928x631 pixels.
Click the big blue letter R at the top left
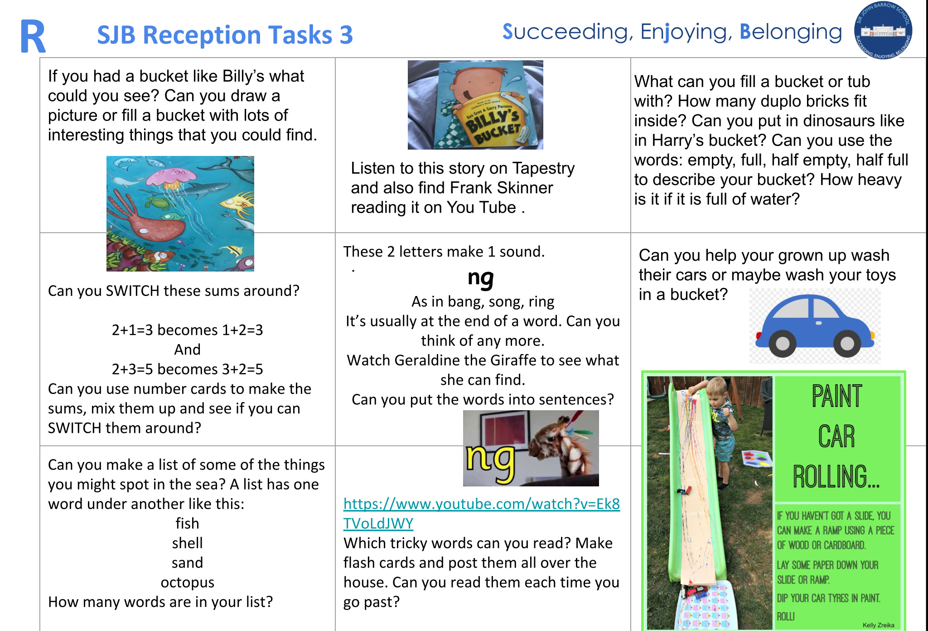pyautogui.click(x=33, y=36)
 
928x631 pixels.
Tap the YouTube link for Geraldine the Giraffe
pyautogui.click(x=481, y=513)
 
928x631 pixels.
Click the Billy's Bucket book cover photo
pyautogui.click(x=475, y=105)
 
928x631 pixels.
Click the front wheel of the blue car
pyautogui.click(x=847, y=343)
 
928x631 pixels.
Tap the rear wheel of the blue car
pyautogui.click(x=782, y=343)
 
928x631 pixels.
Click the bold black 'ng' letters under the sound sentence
pyautogui.click(x=481, y=278)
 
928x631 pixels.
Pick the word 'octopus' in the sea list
pyautogui.click(x=187, y=582)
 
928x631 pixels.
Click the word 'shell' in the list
pyautogui.click(x=187, y=543)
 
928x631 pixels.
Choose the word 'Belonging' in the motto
pyautogui.click(x=791, y=32)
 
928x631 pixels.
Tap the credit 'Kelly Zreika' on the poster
pyautogui.click(x=878, y=625)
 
